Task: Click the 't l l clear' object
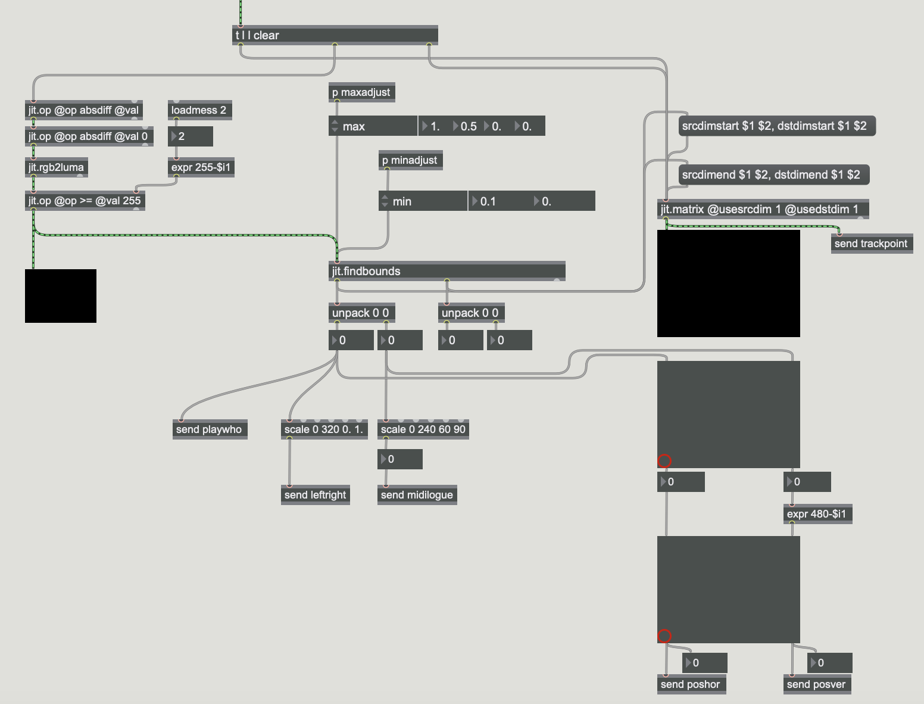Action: coord(335,35)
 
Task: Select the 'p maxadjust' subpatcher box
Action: coord(361,92)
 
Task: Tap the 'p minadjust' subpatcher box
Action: coord(410,160)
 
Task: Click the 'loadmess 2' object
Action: coord(199,110)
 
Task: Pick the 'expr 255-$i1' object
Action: coord(201,167)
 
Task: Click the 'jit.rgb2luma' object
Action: coord(57,167)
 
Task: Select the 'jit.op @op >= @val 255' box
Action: coord(85,201)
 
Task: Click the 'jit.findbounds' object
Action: coord(447,271)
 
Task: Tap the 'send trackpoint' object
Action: coord(872,244)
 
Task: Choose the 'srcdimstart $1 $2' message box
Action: coord(777,126)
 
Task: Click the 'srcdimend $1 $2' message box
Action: coord(774,175)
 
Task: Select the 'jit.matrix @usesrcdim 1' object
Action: coord(763,209)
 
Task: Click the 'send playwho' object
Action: coord(210,429)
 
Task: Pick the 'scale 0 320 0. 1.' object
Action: coord(324,429)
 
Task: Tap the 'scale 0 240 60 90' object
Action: coord(423,429)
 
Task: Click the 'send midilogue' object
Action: coord(417,495)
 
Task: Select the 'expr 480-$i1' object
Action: coord(817,514)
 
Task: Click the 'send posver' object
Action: coord(817,684)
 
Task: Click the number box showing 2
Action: coord(191,136)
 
